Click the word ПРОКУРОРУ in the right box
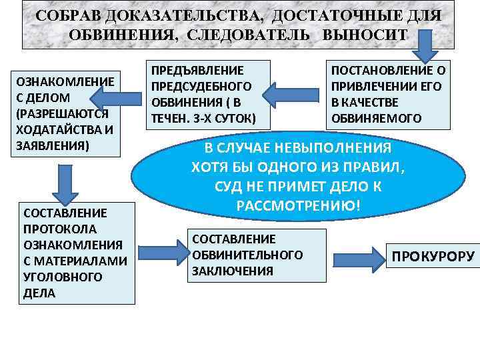(433, 257)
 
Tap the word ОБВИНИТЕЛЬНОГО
(247, 255)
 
